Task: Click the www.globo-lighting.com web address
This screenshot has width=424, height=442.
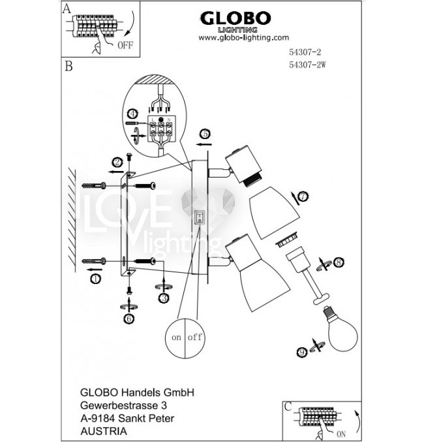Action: point(243,38)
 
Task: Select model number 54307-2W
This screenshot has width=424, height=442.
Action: point(306,63)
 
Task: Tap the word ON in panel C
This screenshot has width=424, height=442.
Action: point(341,433)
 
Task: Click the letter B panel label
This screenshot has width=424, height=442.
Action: point(68,67)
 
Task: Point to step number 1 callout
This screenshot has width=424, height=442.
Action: point(95,279)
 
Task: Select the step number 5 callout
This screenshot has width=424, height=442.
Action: point(205,134)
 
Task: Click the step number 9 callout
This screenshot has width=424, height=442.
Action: point(302,351)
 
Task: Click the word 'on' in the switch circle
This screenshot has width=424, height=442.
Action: point(176,338)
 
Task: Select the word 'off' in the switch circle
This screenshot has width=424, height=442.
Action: point(194,338)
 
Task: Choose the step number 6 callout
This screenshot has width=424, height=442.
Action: point(129,318)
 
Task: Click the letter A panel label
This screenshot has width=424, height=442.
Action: point(66,8)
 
